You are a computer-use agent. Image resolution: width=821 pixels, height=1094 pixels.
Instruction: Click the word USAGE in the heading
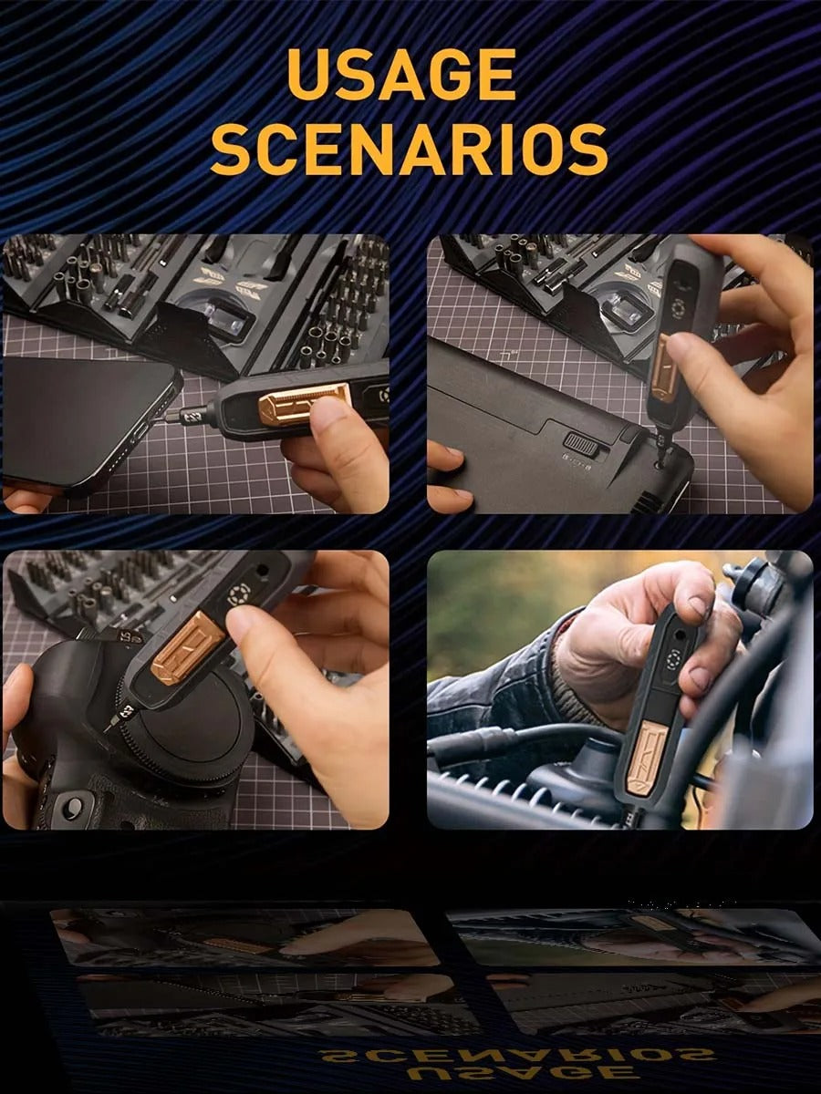tap(401, 76)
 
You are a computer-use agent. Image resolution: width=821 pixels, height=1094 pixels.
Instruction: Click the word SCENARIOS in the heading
tap(410, 149)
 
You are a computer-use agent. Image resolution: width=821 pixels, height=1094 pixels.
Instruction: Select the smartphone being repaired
tap(89, 420)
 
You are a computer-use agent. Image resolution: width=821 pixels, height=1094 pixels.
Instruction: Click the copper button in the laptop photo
tap(665, 366)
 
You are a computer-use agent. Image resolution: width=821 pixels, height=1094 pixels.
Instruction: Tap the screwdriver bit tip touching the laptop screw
tap(661, 450)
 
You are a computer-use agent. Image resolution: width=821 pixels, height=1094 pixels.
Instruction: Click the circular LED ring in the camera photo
tap(237, 594)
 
